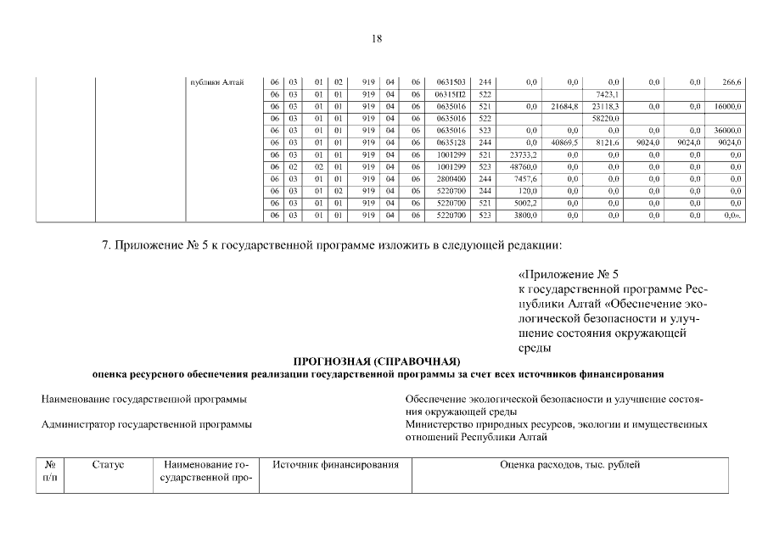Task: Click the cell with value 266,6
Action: (x=732, y=81)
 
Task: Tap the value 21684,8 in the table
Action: (x=564, y=106)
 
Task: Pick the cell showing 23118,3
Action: (x=607, y=106)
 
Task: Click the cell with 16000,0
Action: (x=728, y=106)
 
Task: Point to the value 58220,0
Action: (x=607, y=118)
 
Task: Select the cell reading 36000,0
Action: (x=728, y=131)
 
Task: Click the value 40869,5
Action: (x=564, y=143)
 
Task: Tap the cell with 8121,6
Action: (x=608, y=143)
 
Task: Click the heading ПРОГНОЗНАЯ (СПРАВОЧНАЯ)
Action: (x=377, y=361)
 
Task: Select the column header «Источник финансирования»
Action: (x=335, y=465)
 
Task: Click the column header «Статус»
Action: (x=108, y=465)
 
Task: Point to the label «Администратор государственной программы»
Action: (x=147, y=423)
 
